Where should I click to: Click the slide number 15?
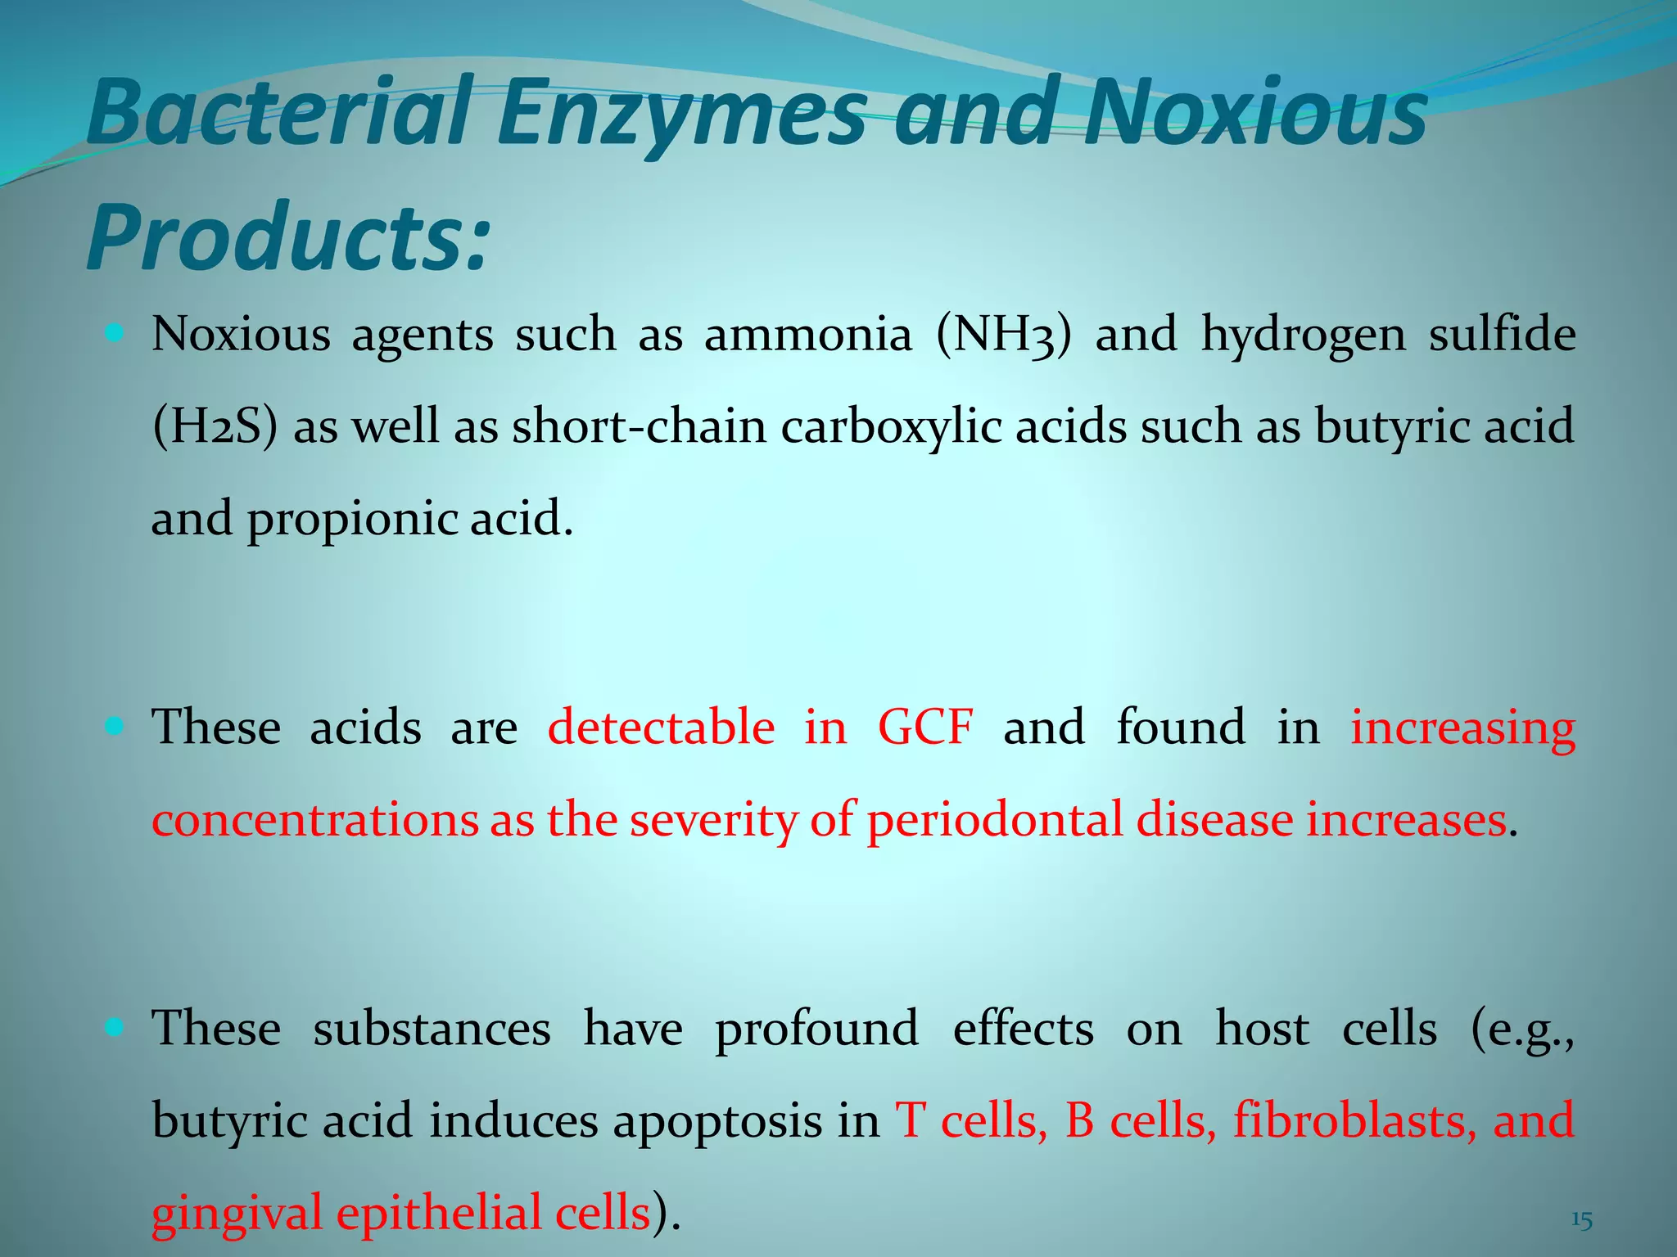(x=1581, y=1221)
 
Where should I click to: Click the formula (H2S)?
(x=215, y=427)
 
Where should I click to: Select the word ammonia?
(x=807, y=336)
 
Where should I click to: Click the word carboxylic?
(x=891, y=428)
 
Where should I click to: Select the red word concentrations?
(x=315, y=821)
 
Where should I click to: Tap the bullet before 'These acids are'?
(x=115, y=725)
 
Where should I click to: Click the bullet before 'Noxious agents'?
(x=115, y=333)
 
